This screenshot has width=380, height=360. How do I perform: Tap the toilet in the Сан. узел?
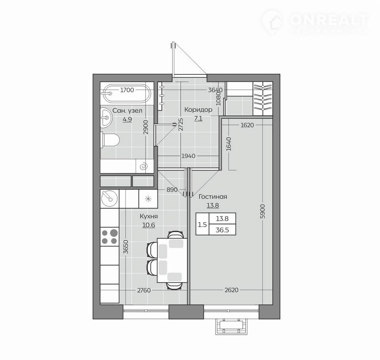pyautogui.click(x=110, y=140)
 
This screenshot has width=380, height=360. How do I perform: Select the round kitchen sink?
pyautogui.click(x=110, y=199)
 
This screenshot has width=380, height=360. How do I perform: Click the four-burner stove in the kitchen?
pyautogui.click(x=110, y=237)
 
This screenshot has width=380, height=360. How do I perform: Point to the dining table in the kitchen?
pyautogui.click(x=172, y=260)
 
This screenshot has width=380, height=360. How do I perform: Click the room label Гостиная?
pyautogui.click(x=213, y=197)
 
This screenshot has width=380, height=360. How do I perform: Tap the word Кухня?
pyautogui.click(x=148, y=216)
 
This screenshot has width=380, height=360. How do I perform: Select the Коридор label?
pyautogui.click(x=198, y=110)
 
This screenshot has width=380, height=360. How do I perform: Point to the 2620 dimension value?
pyautogui.click(x=232, y=290)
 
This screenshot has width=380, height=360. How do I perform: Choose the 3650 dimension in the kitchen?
pyautogui.click(x=126, y=247)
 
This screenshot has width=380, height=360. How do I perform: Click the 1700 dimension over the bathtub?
pyautogui.click(x=127, y=90)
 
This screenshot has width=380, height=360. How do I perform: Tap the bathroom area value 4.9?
pyautogui.click(x=127, y=119)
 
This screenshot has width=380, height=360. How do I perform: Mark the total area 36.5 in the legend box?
pyautogui.click(x=222, y=230)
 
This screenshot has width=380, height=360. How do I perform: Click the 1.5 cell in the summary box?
pyautogui.click(x=202, y=225)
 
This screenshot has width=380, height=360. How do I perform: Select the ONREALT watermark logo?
pyautogui.click(x=315, y=21)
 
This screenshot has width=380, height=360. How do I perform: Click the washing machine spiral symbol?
pyautogui.click(x=143, y=166)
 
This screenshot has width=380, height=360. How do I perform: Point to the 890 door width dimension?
pyautogui.click(x=172, y=189)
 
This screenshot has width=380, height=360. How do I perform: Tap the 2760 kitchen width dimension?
pyautogui.click(x=144, y=290)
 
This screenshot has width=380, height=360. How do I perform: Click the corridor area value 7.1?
pyautogui.click(x=198, y=119)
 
